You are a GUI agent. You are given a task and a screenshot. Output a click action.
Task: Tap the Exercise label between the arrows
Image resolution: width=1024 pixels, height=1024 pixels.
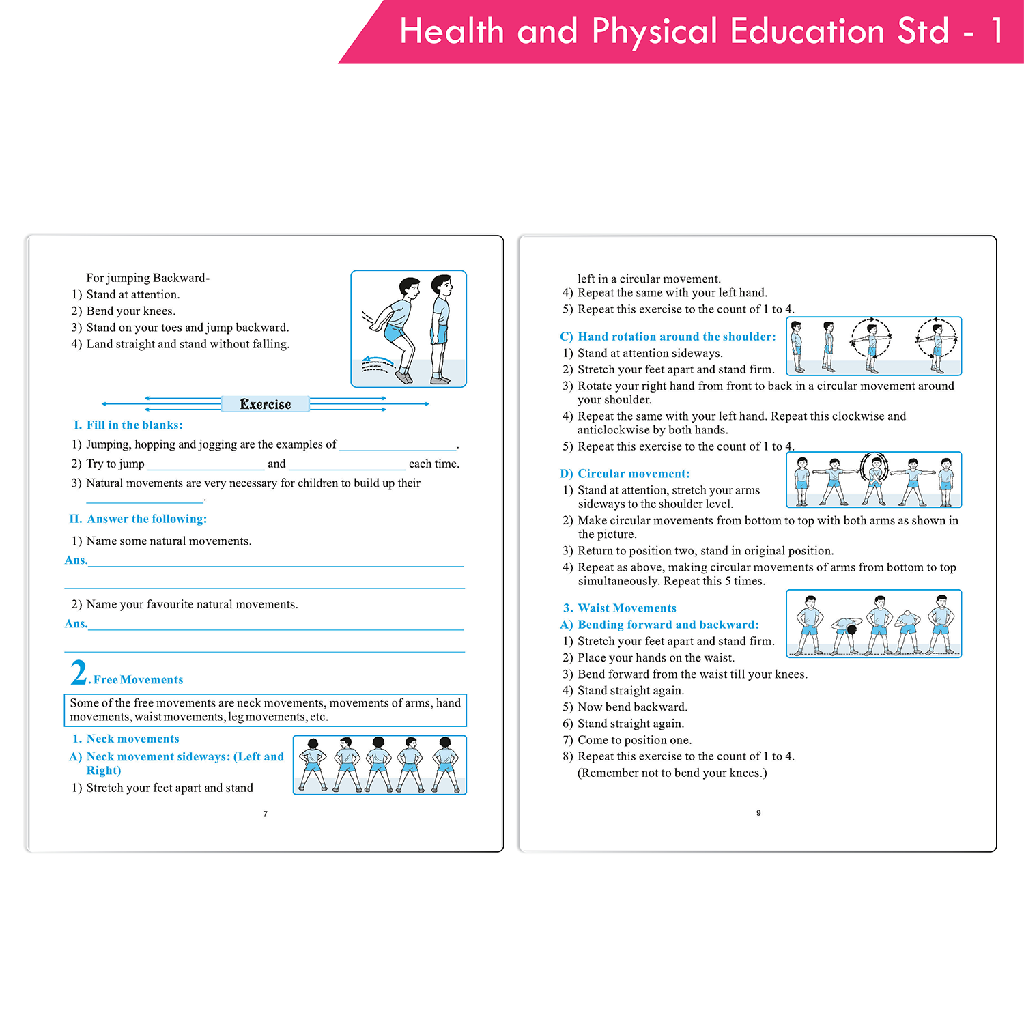point(265,404)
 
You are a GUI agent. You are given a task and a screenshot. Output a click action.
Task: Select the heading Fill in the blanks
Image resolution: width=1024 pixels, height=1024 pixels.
point(128,425)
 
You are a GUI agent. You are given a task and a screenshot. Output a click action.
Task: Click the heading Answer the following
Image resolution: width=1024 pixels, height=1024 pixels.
point(138,519)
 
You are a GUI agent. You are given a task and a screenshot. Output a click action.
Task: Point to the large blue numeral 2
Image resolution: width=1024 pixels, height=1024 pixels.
point(79,672)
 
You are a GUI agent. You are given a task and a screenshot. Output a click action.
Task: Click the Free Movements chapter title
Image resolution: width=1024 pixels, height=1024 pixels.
point(138,679)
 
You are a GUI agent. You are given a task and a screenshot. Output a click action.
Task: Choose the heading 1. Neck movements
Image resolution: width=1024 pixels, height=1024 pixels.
point(126,739)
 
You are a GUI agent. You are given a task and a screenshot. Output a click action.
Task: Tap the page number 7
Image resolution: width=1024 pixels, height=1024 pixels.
point(266,814)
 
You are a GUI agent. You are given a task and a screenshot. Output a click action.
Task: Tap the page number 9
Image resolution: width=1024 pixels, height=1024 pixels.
point(758,813)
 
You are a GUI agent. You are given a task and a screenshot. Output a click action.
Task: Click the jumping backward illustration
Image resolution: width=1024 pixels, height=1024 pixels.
point(408,329)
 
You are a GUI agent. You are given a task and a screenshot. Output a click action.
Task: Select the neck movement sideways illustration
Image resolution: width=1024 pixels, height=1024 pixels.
point(380,765)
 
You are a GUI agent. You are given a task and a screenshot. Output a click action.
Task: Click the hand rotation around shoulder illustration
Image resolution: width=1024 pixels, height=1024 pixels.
point(874,346)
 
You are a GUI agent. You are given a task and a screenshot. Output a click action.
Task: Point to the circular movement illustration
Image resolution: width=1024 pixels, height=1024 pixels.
point(874,480)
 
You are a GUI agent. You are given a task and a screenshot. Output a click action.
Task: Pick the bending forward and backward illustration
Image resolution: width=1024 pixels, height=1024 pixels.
point(874,623)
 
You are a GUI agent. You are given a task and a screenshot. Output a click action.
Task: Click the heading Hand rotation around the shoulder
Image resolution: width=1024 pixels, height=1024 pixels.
point(668,337)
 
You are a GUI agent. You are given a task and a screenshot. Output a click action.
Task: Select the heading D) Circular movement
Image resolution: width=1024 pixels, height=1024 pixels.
point(625,473)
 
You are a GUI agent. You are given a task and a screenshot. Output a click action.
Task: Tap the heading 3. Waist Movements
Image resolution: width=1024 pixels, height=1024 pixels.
point(620,608)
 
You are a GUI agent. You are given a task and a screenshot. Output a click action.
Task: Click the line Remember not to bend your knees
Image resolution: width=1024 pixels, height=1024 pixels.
point(672,773)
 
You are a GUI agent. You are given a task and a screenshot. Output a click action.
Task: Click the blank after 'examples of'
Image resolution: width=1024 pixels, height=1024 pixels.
point(398,446)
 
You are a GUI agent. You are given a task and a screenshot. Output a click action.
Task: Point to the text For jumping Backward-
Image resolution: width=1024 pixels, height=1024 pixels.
point(147,278)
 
